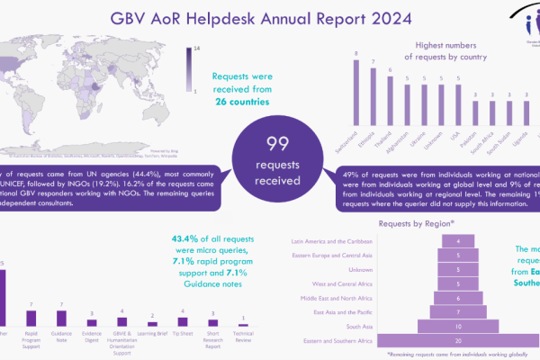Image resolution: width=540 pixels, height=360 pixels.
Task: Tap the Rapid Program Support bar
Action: point(31,318)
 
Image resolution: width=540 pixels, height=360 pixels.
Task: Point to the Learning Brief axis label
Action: point(151,331)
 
